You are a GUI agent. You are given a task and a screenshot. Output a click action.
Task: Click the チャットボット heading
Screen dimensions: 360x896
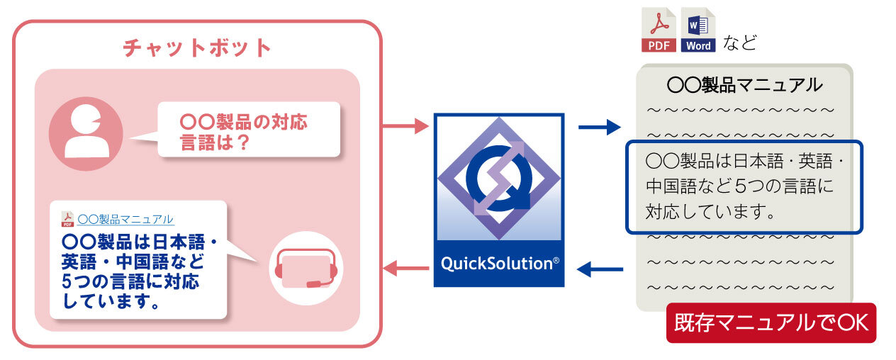point(197,47)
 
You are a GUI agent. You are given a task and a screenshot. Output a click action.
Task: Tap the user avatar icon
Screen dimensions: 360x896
point(86,134)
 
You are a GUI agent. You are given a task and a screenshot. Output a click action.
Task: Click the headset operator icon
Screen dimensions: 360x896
point(306,269)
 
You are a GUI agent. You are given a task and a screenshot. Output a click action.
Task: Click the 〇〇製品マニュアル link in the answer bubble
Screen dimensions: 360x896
point(125,219)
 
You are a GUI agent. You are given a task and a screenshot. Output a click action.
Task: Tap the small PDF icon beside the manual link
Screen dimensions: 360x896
point(67,219)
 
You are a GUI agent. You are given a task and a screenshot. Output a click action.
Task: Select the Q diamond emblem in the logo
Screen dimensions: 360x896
point(499,177)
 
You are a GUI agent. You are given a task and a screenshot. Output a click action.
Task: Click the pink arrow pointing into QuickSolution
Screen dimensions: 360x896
point(405,127)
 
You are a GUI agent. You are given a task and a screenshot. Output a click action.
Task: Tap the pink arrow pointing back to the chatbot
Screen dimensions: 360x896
point(405,268)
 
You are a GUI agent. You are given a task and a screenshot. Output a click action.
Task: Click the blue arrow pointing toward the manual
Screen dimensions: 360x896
point(600,127)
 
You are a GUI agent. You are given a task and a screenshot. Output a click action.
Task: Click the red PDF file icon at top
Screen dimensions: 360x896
point(659,31)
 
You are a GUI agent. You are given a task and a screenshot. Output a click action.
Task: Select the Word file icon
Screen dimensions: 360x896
point(698,31)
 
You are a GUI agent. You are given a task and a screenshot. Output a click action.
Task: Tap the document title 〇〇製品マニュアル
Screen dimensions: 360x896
point(744,86)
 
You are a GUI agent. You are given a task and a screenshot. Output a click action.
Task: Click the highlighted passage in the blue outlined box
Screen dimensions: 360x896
point(744,186)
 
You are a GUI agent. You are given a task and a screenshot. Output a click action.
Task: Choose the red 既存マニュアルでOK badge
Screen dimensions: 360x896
point(771,323)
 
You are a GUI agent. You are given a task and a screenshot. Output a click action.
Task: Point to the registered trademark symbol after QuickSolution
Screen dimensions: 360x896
point(556,260)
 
